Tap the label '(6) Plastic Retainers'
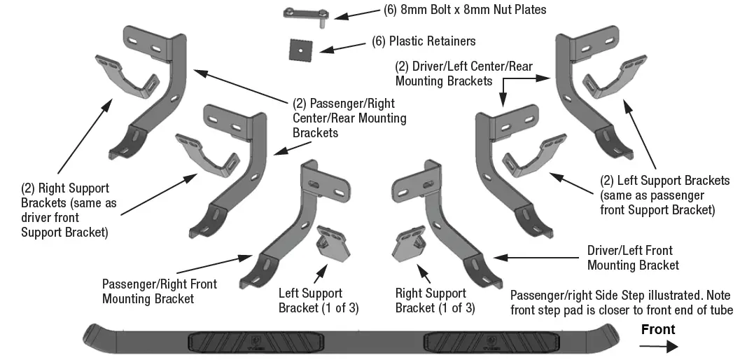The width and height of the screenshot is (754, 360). pos(424,42)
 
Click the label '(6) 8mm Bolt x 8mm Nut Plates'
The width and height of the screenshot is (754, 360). pos(465,10)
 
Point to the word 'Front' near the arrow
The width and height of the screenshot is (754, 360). pos(658,329)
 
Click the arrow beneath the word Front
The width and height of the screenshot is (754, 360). pos(660,345)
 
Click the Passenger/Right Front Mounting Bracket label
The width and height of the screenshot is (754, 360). pos(160,291)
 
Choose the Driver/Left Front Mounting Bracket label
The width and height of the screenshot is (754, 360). pos(633,258)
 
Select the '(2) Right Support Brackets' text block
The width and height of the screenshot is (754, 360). pos(65,210)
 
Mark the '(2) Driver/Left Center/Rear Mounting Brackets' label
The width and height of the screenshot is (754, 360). pos(463,74)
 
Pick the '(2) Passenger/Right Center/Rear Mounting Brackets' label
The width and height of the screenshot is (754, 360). pos(349,118)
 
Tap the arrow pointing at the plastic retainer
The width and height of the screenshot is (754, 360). pos(341,46)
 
